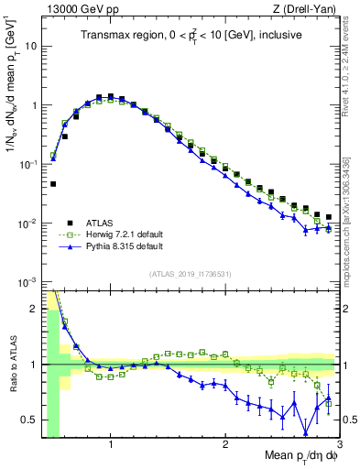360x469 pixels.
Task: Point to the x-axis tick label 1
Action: [111, 445]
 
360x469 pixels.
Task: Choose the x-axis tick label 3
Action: [338, 445]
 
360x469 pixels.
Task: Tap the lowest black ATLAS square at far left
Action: [53, 184]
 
